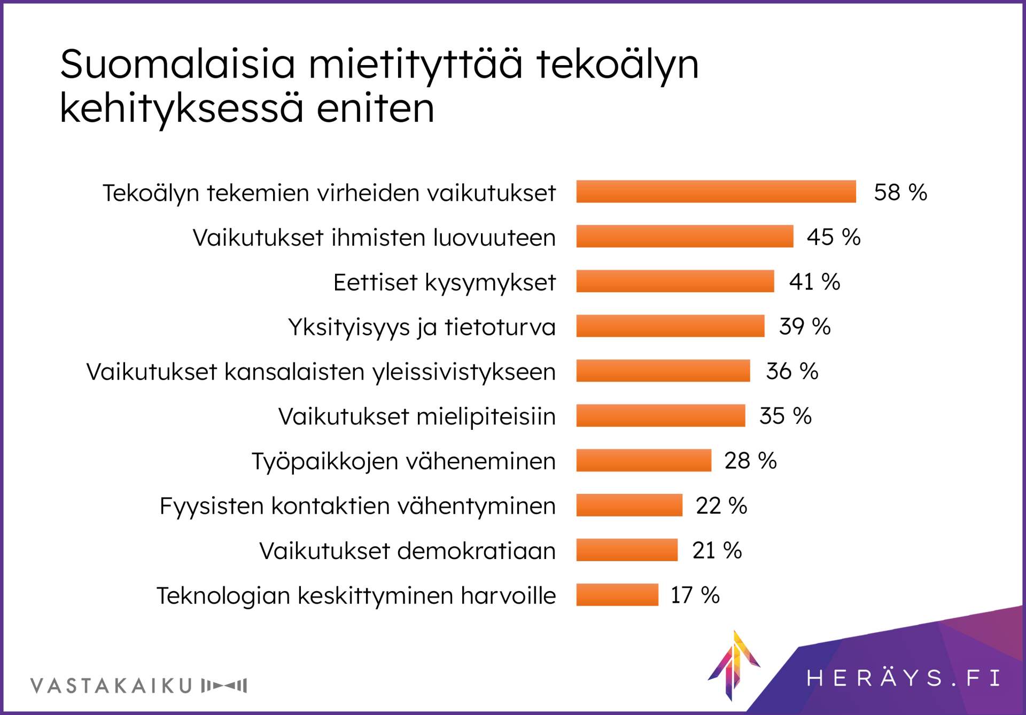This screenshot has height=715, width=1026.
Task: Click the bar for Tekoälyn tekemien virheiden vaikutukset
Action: coord(716,192)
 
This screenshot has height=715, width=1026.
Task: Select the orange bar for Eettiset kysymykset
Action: coord(675,281)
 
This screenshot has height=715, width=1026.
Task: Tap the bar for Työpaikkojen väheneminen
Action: coord(643,460)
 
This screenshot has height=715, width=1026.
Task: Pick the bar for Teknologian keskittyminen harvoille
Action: coord(617,595)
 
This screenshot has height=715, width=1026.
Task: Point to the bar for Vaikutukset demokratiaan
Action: coord(627,550)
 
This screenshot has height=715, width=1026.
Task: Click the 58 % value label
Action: coord(900,192)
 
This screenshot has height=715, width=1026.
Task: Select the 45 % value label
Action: coord(834,237)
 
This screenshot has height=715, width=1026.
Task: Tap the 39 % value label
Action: coord(805,326)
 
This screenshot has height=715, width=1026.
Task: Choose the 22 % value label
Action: coord(721,505)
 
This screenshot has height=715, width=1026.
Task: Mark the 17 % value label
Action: coord(695,595)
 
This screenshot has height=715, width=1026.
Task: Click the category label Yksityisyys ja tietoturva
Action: coord(422,327)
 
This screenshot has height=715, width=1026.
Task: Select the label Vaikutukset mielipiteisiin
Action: coord(417,417)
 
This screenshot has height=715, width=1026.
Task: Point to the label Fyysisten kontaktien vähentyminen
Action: coord(357,506)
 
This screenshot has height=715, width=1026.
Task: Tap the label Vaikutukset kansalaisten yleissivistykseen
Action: coord(321,372)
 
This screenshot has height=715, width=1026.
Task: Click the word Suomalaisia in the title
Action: coord(177,64)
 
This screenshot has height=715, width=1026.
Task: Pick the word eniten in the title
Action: coord(375,108)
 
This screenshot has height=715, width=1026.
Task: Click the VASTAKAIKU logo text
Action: coord(112,686)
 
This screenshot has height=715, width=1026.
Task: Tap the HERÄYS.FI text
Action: coord(903,678)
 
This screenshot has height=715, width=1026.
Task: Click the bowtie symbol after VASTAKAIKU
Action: coord(224,686)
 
